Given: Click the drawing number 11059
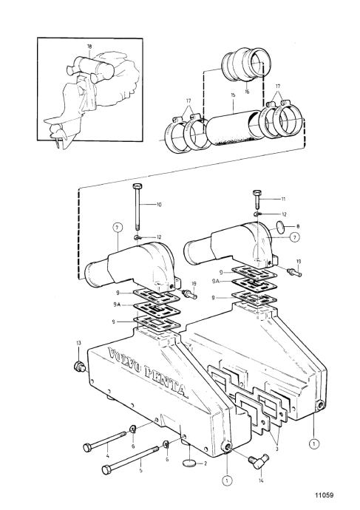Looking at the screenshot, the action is tap(324, 495).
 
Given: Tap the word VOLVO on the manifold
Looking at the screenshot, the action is tap(124, 361).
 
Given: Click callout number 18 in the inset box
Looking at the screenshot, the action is tap(89, 46).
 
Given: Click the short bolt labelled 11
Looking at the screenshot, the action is tap(257, 198).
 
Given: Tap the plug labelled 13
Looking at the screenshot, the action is tap(79, 366).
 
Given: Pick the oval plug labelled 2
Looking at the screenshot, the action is tap(189, 463).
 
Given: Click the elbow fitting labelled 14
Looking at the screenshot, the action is tap(259, 461).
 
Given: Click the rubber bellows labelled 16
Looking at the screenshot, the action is tap(246, 64).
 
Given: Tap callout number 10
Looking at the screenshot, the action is tap(159, 205).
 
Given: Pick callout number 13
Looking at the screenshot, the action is tap(78, 343).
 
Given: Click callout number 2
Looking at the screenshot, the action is tap(206, 463).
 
